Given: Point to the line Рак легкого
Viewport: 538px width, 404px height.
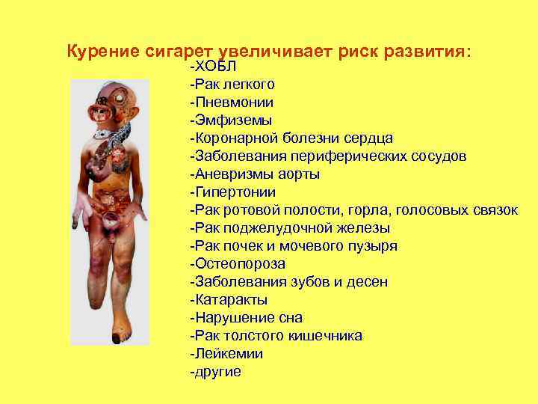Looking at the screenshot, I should [x=232, y=85].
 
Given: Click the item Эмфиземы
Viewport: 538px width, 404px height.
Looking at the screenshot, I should [x=231, y=120].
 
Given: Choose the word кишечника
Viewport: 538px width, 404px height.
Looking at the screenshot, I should [x=326, y=336].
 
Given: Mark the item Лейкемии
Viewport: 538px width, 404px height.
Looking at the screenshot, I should [x=229, y=354].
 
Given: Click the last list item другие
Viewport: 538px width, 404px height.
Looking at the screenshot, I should [x=217, y=372].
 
